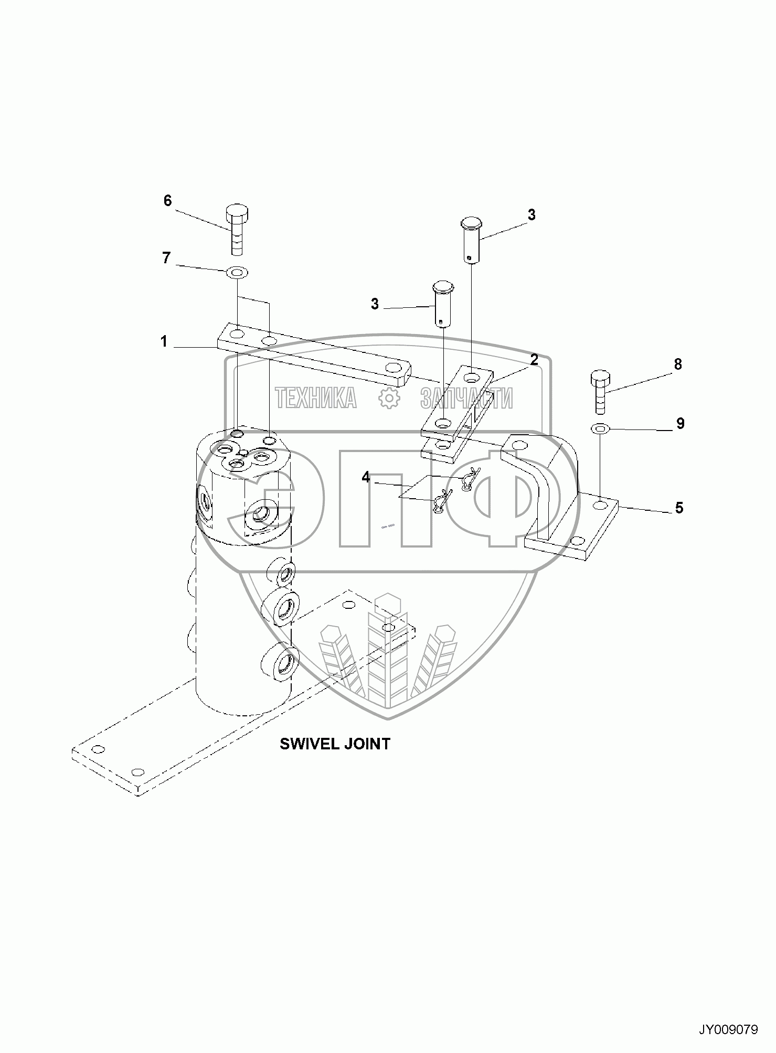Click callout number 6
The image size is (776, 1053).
[167, 200]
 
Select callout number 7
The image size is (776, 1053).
[166, 258]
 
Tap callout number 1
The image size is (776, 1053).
[164, 341]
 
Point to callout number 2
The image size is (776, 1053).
[534, 360]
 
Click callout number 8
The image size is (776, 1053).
[678, 363]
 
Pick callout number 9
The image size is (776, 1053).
[680, 423]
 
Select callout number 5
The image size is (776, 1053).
[679, 508]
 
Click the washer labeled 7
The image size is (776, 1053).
[237, 273]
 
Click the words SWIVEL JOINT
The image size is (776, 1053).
[335, 744]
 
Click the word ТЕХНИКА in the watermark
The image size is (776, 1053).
[316, 398]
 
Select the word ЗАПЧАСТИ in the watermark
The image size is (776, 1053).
[466, 399]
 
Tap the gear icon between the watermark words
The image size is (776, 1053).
[389, 399]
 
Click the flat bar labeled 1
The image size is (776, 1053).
[315, 362]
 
